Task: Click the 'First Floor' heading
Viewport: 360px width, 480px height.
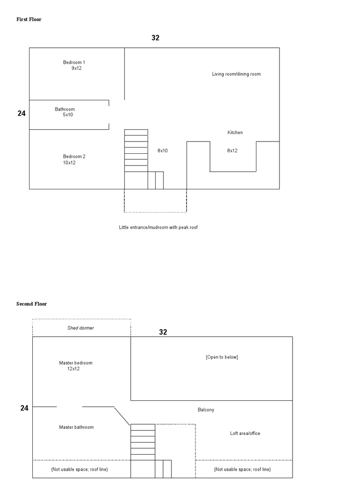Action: pos(29,19)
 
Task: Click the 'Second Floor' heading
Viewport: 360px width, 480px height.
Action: pos(31,304)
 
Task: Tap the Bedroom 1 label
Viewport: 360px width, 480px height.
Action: pos(74,62)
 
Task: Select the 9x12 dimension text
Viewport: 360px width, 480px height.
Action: pos(76,68)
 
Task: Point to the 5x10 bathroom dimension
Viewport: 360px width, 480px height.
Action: pos(68,115)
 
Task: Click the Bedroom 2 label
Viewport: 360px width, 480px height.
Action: pos(74,157)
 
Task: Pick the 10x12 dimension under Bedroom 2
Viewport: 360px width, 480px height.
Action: pos(69,163)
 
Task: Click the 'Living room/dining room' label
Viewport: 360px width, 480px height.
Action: pos(236,74)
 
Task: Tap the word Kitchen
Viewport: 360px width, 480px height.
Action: pos(235,133)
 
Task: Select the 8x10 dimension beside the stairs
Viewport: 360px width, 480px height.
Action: pos(163,150)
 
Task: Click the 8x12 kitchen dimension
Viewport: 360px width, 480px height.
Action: pos(232,150)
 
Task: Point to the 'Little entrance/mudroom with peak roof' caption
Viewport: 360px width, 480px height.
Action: pos(158,227)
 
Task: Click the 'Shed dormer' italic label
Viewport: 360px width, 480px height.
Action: pos(81,328)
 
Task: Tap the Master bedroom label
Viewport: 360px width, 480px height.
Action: pos(75,363)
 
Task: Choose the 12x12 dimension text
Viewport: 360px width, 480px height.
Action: pos(74,369)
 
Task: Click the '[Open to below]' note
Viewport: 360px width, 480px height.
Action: pos(222,357)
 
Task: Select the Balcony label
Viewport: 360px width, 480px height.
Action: pos(206,410)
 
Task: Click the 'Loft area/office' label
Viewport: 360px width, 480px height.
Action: pos(245,434)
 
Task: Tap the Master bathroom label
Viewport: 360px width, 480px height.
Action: pos(76,427)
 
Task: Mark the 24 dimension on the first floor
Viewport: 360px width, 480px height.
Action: pos(22,113)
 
